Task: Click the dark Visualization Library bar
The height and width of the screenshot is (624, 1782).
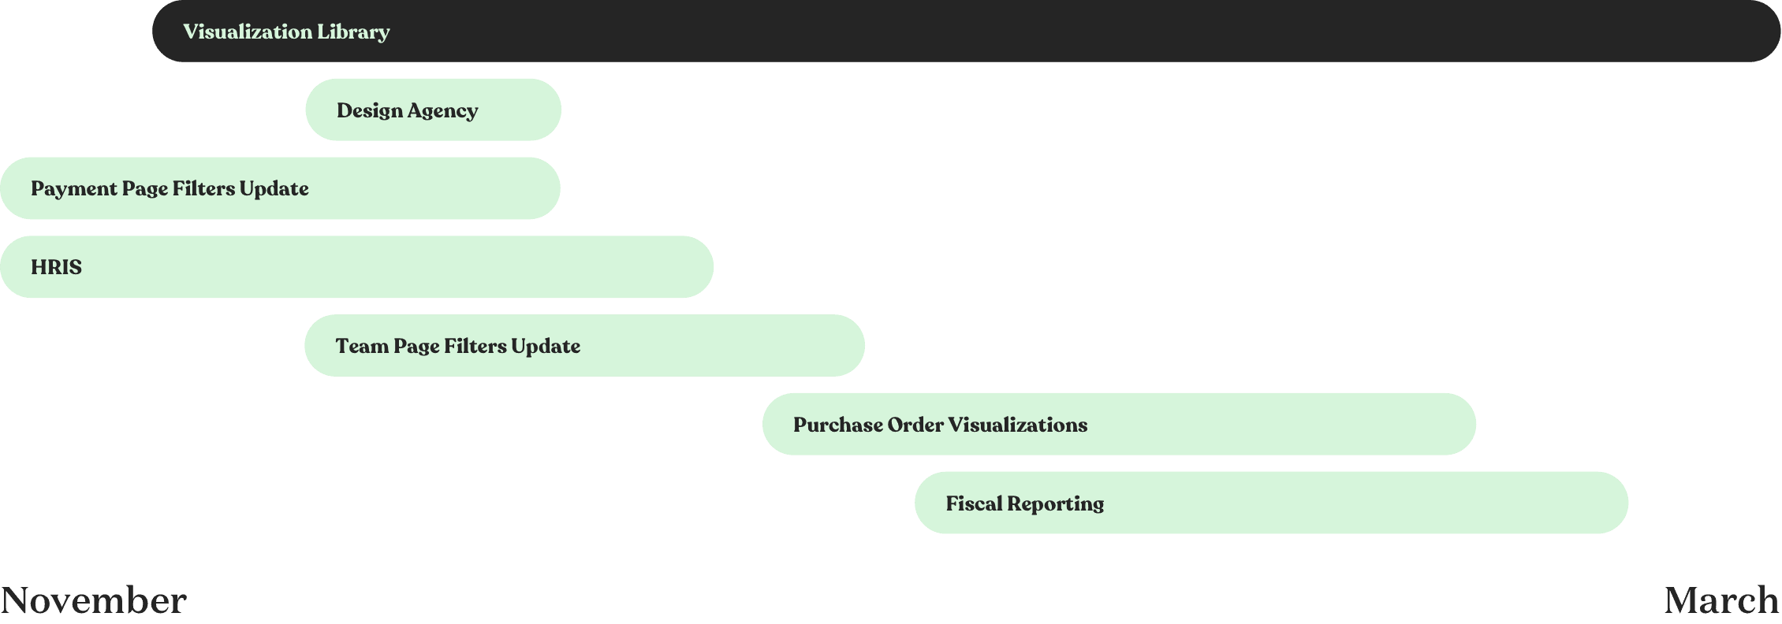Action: click(966, 32)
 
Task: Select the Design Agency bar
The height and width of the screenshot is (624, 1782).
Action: click(433, 110)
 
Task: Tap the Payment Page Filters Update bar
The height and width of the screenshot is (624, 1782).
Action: click(280, 188)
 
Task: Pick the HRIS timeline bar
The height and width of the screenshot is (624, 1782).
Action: click(356, 267)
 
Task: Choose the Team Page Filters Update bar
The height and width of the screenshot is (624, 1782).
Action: click(584, 346)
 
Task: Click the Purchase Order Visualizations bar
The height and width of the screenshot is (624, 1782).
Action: click(1119, 425)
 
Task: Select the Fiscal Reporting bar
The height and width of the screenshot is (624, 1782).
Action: click(1271, 503)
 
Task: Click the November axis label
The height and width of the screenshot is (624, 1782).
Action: click(94, 600)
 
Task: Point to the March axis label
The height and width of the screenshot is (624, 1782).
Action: click(1721, 600)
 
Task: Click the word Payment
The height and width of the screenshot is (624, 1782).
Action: click(74, 189)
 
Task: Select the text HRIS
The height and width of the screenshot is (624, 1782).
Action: click(56, 267)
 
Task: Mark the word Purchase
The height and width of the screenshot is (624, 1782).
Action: click(837, 425)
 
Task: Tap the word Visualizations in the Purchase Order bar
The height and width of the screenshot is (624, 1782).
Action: click(1017, 425)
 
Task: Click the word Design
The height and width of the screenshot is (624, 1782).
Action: click(370, 111)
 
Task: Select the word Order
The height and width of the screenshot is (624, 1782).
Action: click(915, 425)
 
